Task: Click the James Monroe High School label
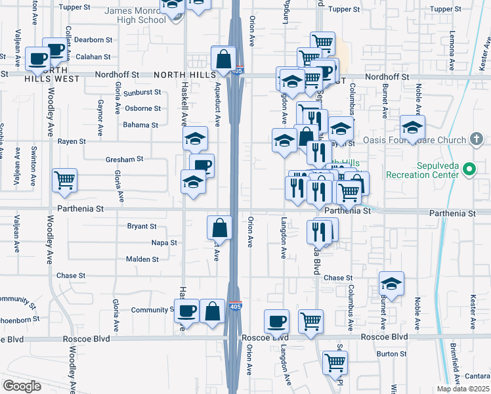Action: point(135,15)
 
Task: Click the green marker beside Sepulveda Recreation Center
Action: point(469,169)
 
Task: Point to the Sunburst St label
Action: point(142,93)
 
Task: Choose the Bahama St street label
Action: point(140,125)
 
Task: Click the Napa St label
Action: point(164,242)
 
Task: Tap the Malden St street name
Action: point(142,259)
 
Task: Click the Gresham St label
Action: point(124,159)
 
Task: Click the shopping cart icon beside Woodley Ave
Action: point(64,179)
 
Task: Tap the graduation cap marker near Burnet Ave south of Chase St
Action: point(391,283)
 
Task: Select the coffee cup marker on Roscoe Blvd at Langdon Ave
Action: point(276,321)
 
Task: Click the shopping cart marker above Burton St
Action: point(335,362)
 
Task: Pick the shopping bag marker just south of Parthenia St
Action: point(219,228)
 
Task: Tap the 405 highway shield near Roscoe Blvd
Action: point(234,306)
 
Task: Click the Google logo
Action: point(22,385)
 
